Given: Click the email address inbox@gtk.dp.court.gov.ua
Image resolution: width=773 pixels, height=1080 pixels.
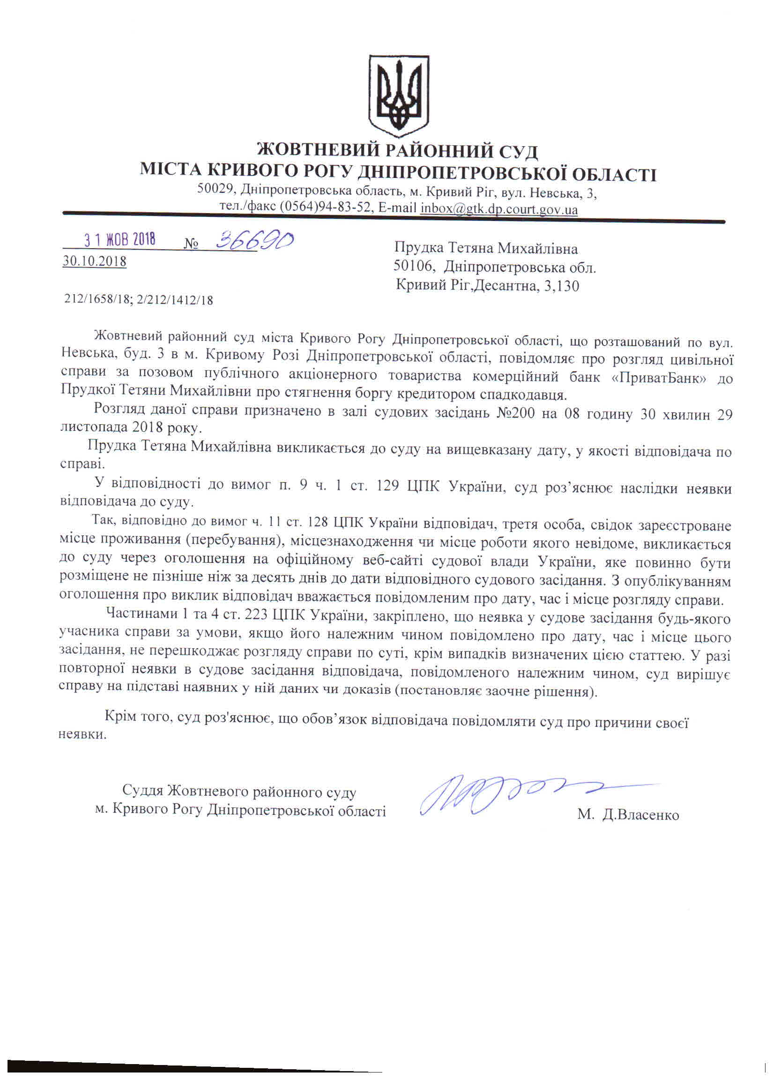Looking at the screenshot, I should point(499,209).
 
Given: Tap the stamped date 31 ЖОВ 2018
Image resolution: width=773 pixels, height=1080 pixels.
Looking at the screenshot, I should point(120,240).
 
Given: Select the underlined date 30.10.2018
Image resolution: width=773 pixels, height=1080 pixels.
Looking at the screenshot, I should point(94,261).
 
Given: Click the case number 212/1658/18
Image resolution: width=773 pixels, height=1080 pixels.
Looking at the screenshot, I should point(97,300).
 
